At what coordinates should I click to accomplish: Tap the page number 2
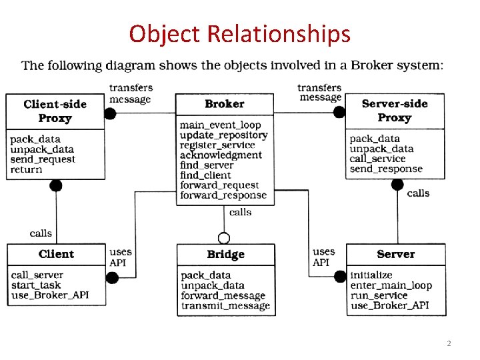coord(449,343)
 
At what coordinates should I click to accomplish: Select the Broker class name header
coord(225,104)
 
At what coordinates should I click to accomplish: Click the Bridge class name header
coord(225,255)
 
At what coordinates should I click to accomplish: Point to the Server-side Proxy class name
coord(394,111)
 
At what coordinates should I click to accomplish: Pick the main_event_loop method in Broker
coord(220,125)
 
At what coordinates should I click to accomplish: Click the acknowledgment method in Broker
coord(221,155)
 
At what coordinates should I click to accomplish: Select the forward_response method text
coord(223,195)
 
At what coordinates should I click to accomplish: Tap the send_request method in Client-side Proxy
coord(43,159)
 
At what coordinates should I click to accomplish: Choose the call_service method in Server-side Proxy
coord(377,159)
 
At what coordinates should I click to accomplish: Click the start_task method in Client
coord(36,285)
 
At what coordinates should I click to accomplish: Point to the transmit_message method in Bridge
coord(225,306)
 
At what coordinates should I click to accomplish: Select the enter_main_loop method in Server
coord(391,285)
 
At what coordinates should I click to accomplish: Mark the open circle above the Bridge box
coord(224,238)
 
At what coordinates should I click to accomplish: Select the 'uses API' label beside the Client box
coord(120,257)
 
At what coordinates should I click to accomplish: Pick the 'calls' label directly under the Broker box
coord(240,212)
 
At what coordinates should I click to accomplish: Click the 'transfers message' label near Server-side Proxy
coord(319,93)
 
